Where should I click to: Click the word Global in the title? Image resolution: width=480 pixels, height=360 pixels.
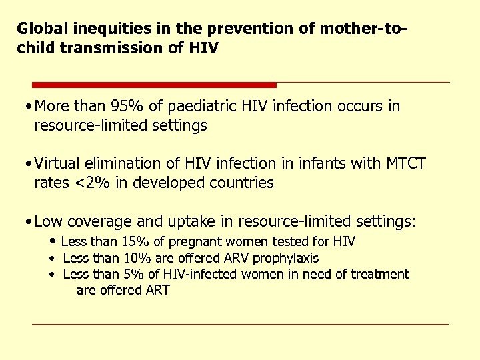pyautogui.click(x=38, y=29)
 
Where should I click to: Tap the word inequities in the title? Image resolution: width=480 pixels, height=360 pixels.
pyautogui.click(x=97, y=29)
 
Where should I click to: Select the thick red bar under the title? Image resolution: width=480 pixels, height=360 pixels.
pyautogui.click(x=154, y=85)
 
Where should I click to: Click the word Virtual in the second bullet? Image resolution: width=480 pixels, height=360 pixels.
pyautogui.click(x=58, y=164)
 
